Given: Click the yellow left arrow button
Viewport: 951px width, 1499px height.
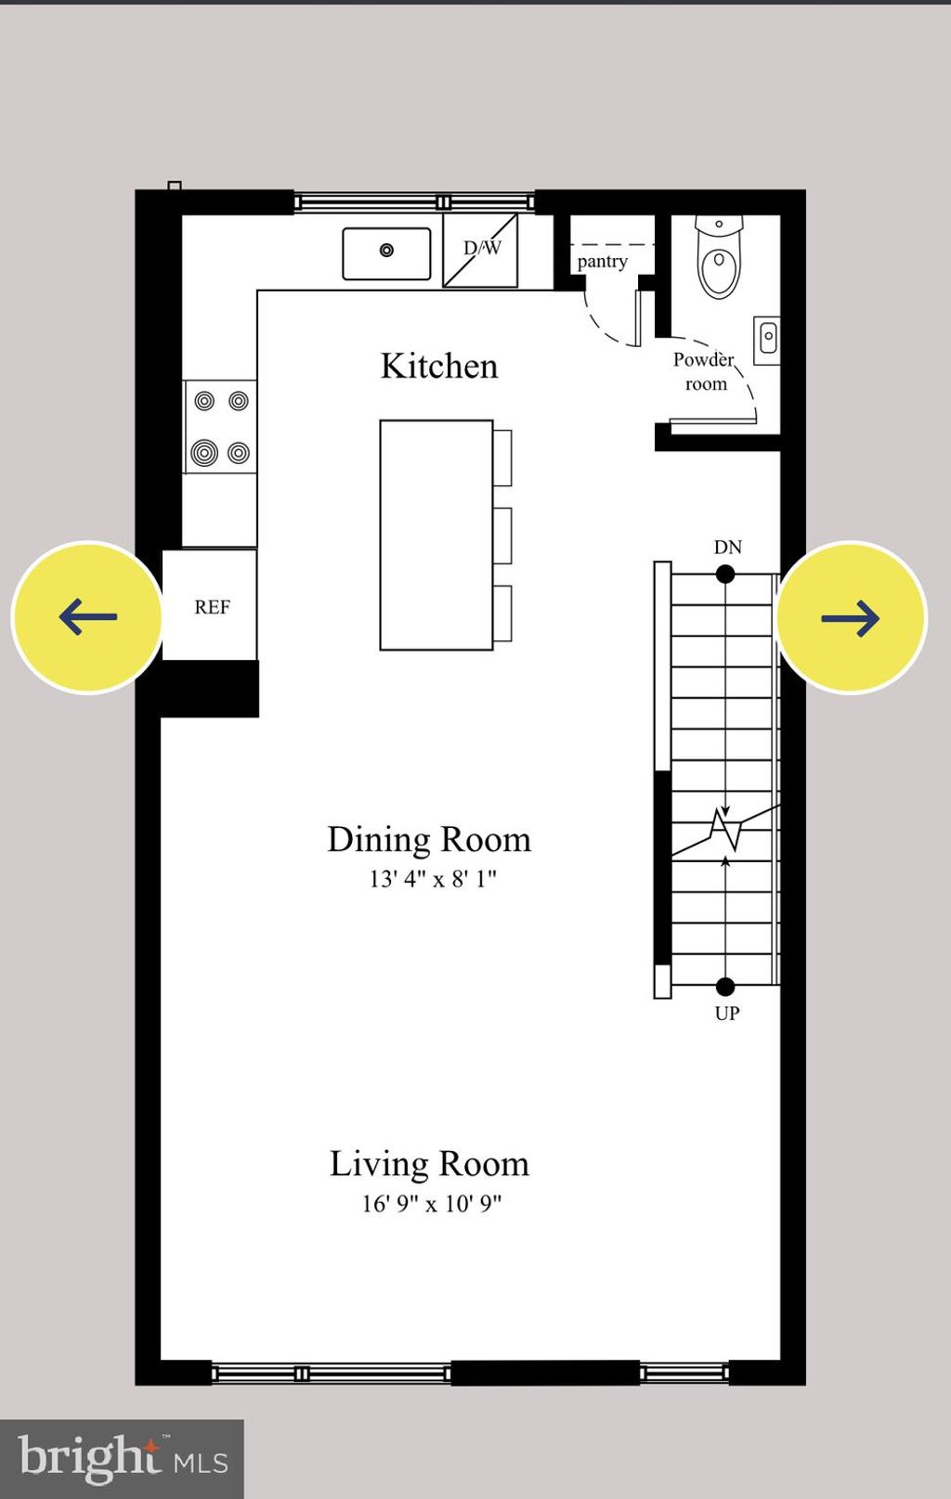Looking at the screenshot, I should click(x=87, y=617).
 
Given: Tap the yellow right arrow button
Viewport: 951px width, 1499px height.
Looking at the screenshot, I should click(x=851, y=617).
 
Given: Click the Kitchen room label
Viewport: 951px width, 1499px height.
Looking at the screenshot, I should click(x=438, y=366).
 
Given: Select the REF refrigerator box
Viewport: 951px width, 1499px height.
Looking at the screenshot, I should click(x=211, y=606).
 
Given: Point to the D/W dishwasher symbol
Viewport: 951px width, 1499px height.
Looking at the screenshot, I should click(x=480, y=250).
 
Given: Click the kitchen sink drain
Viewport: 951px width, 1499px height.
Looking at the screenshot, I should click(x=386, y=250).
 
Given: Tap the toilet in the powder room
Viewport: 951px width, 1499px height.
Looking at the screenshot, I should click(x=719, y=260).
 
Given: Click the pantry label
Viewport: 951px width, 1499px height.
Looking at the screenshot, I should click(x=602, y=262).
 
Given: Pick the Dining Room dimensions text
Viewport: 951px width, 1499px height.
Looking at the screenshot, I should click(x=432, y=878).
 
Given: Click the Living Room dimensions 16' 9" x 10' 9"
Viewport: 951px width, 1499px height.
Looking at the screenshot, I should click(x=431, y=1203).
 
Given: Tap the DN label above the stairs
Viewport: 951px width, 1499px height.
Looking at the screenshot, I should click(x=727, y=547).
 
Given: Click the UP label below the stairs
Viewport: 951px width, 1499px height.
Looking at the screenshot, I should click(x=726, y=1013).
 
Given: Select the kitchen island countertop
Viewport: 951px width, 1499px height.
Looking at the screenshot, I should click(x=436, y=535).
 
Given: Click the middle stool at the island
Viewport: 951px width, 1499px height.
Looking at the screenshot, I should click(x=502, y=536).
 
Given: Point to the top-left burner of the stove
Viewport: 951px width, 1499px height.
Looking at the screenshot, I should click(x=204, y=401).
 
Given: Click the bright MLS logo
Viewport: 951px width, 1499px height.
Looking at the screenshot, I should click(x=122, y=1458).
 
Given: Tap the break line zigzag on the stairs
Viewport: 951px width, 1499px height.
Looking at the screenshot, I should click(x=725, y=829).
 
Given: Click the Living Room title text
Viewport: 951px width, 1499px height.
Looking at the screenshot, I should click(x=429, y=1163).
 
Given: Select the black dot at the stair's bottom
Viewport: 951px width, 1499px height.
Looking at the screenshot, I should click(x=725, y=986).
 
